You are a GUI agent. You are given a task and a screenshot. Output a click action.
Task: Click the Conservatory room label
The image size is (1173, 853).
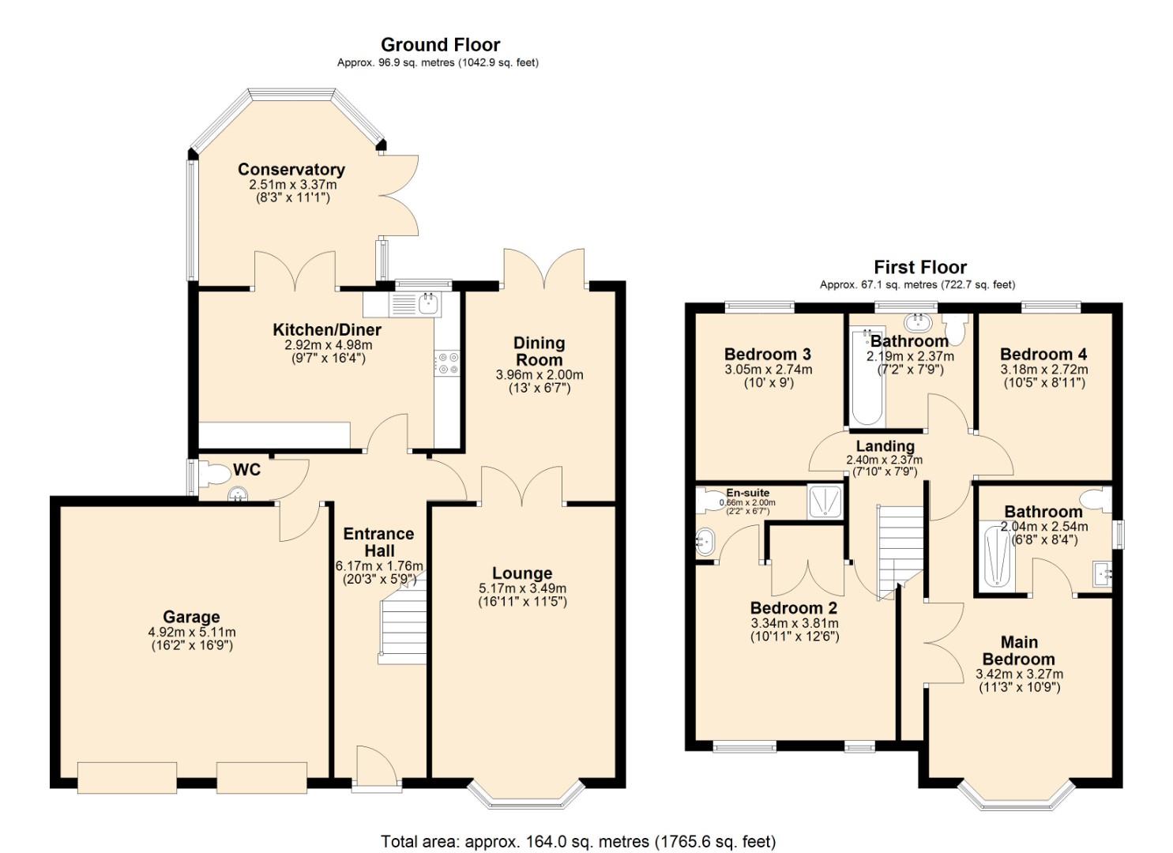tap(291, 169)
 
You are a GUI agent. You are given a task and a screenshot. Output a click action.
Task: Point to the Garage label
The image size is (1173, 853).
tap(191, 617)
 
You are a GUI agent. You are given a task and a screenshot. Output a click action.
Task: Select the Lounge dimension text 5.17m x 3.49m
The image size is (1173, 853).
tap(522, 588)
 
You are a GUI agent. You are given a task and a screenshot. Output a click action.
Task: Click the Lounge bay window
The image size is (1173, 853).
tap(526, 796)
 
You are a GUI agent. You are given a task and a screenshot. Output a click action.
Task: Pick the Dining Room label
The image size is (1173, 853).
tap(540, 351)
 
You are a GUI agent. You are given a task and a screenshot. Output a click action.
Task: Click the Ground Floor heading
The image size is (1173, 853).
tap(440, 44)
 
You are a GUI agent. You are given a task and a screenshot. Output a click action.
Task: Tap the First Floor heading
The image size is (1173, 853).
tap(919, 267)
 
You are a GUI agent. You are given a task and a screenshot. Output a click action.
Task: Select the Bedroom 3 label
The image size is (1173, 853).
tap(767, 354)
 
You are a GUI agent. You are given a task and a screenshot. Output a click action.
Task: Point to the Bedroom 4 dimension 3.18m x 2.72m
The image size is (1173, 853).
tap(1043, 370)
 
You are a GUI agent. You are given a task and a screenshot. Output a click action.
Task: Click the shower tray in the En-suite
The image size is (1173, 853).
tap(825, 501)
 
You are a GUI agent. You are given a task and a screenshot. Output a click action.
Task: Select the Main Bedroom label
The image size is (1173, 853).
tap(1019, 650)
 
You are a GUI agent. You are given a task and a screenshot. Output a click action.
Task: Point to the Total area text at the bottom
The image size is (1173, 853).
tap(578, 841)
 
